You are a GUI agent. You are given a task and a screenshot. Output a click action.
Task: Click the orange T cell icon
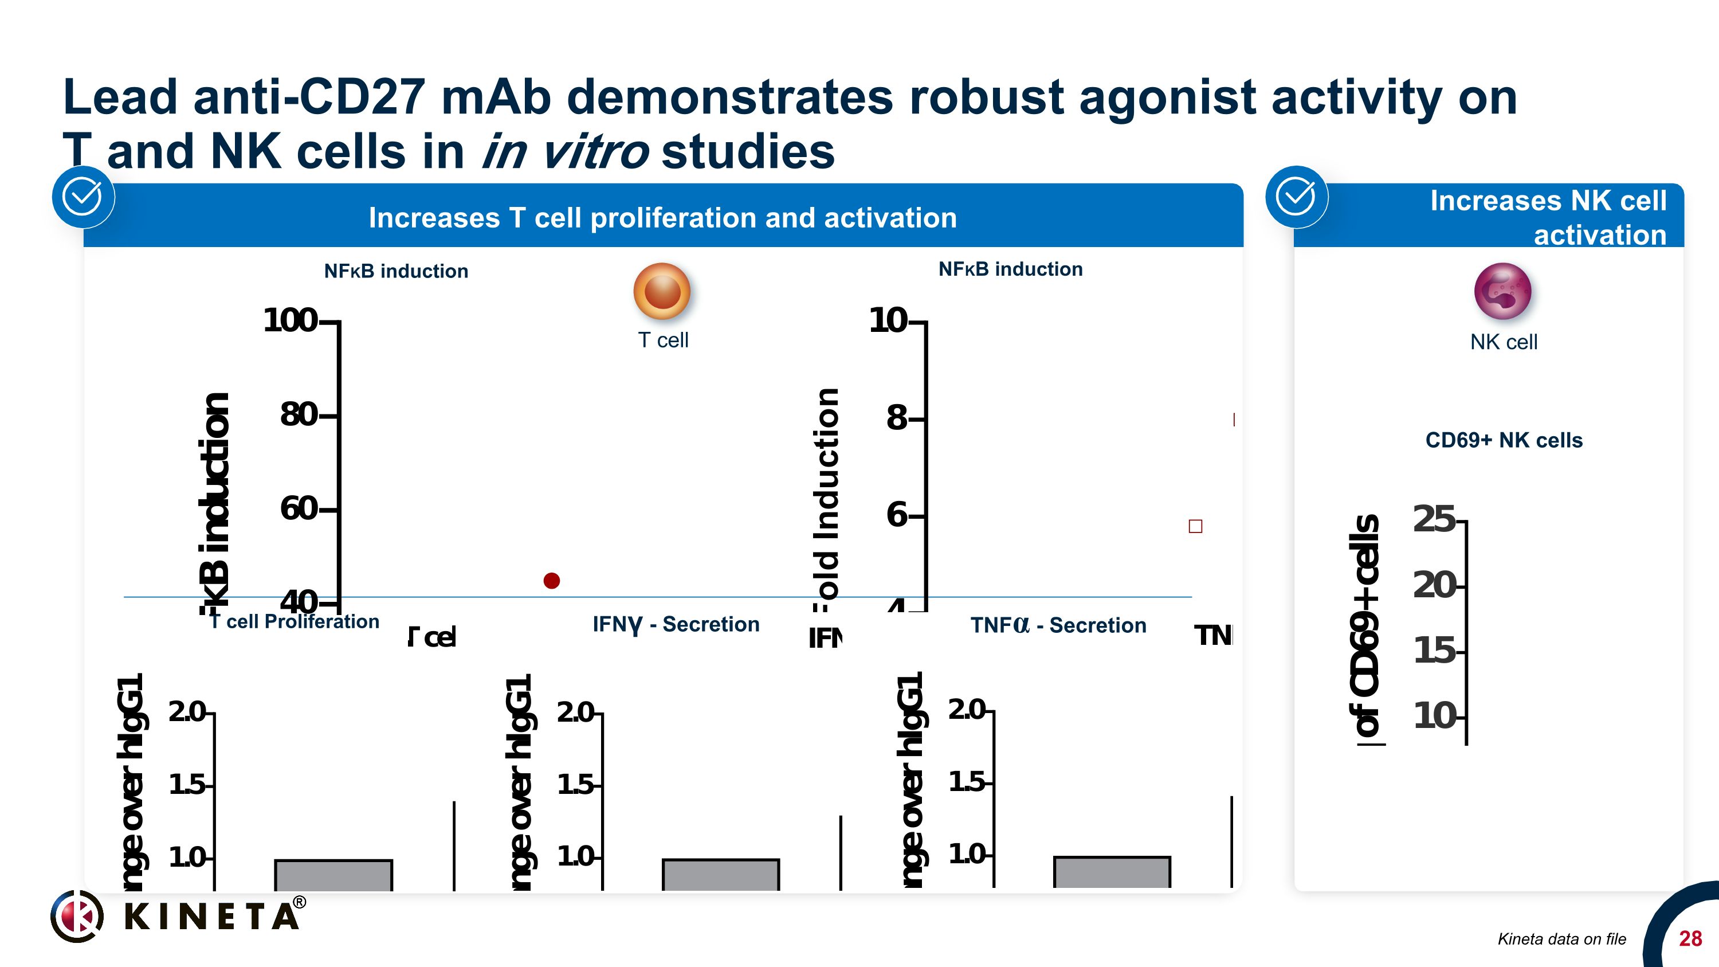[x=661, y=292]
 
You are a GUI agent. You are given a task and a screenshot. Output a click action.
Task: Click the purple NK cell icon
[x=1503, y=292]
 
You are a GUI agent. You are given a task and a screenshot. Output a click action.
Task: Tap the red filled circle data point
[x=551, y=581]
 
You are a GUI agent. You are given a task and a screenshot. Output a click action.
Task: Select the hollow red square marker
[x=1195, y=527]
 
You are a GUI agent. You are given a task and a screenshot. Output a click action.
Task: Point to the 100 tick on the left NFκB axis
[x=292, y=320]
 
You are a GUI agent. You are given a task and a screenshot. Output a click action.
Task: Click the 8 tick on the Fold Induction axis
[x=897, y=418]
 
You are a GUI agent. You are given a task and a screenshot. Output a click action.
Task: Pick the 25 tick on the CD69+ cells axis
[x=1435, y=519]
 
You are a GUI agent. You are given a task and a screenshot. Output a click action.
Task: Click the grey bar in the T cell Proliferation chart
[x=333, y=875]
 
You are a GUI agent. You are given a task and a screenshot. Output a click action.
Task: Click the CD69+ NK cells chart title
[x=1504, y=440]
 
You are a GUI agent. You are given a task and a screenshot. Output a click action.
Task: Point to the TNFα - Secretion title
[x=1058, y=625]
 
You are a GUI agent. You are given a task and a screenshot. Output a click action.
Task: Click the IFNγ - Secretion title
[x=676, y=624]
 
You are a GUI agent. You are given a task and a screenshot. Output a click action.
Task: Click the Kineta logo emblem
[x=77, y=917]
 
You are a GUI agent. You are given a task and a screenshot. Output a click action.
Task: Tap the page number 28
[x=1690, y=939]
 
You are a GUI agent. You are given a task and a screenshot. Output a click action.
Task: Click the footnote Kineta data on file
[x=1561, y=939]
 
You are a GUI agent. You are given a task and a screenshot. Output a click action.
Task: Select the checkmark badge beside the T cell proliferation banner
[x=83, y=197]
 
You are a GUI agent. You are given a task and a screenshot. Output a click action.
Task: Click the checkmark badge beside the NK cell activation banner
[x=1296, y=197]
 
